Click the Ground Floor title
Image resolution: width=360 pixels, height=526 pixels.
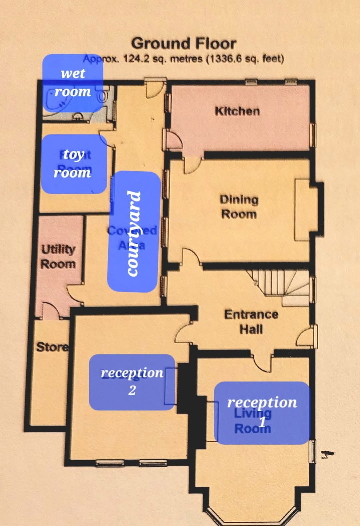[184, 44]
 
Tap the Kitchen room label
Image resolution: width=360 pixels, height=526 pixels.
[237, 111]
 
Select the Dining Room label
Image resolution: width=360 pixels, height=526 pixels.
[239, 207]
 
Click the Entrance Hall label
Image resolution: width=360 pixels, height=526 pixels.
[251, 321]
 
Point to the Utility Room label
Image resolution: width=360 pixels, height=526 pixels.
[58, 256]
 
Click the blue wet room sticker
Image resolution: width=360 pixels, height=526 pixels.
[73, 83]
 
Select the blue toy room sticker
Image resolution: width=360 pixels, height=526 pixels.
[73, 164]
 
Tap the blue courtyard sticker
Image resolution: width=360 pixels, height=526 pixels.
[133, 232]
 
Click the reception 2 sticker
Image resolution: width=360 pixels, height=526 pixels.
[132, 382]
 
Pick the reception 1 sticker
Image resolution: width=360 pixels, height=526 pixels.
[262, 413]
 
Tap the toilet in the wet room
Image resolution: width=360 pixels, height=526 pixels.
[102, 96]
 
